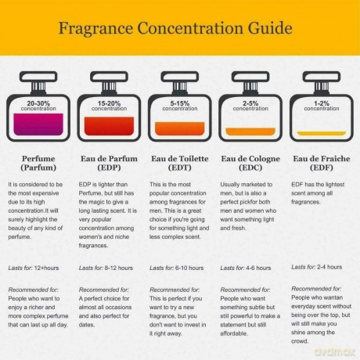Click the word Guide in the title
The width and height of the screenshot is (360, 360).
[x=270, y=28]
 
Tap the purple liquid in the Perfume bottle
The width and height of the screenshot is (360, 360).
[x=38, y=124]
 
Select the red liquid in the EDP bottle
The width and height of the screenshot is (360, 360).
[x=109, y=126]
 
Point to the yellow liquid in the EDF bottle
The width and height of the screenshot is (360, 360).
[x=322, y=134]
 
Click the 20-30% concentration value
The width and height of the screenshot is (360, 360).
[x=38, y=103]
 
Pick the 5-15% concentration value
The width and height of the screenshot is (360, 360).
[x=180, y=103]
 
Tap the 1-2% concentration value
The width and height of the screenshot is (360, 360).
[x=322, y=103]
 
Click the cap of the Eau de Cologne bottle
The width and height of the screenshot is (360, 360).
[x=250, y=77]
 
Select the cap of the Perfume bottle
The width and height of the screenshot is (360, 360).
[x=38, y=77]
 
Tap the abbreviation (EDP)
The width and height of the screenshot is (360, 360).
[x=109, y=167]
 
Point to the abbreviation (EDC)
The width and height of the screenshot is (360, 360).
[x=250, y=167]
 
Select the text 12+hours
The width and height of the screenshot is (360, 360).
[x=46, y=268]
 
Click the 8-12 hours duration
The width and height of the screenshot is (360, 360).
[x=119, y=268]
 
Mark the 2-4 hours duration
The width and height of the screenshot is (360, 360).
[x=329, y=267]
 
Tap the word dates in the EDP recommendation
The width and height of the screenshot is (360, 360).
[x=87, y=325]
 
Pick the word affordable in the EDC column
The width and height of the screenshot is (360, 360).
[x=234, y=333]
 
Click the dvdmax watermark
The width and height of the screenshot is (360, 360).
[x=335, y=351]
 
